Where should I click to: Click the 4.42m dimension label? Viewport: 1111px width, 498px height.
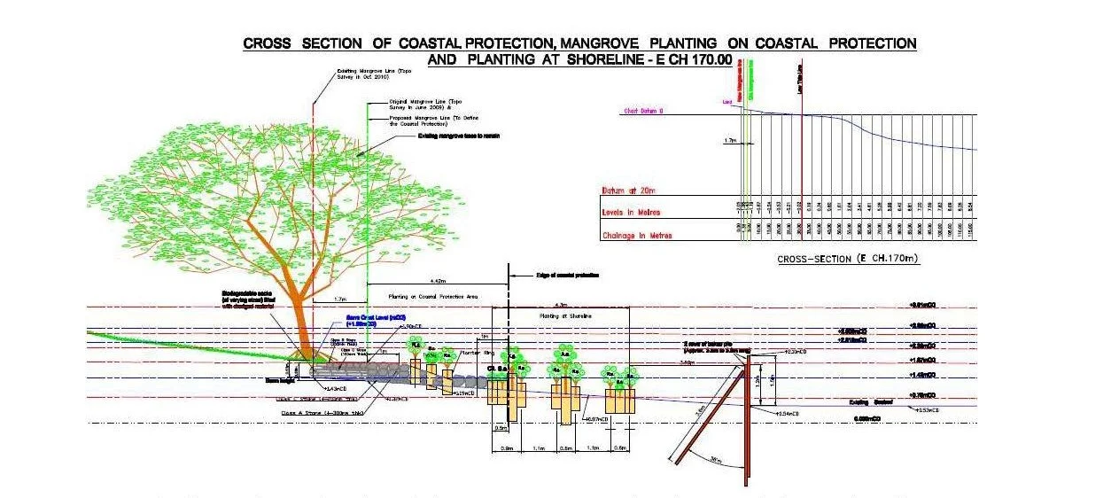point(429,280)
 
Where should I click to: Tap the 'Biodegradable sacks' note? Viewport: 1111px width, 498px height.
point(251,302)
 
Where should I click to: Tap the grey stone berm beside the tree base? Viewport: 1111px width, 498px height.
point(372,372)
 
